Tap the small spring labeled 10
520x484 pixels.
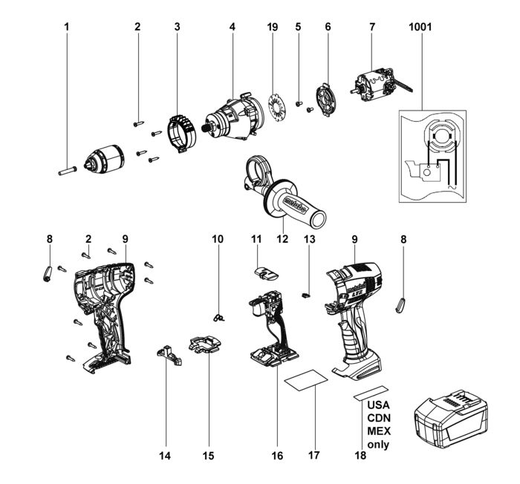point(218,317)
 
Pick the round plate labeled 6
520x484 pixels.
point(327,100)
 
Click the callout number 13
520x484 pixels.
point(309,239)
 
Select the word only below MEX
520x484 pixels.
point(377,445)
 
